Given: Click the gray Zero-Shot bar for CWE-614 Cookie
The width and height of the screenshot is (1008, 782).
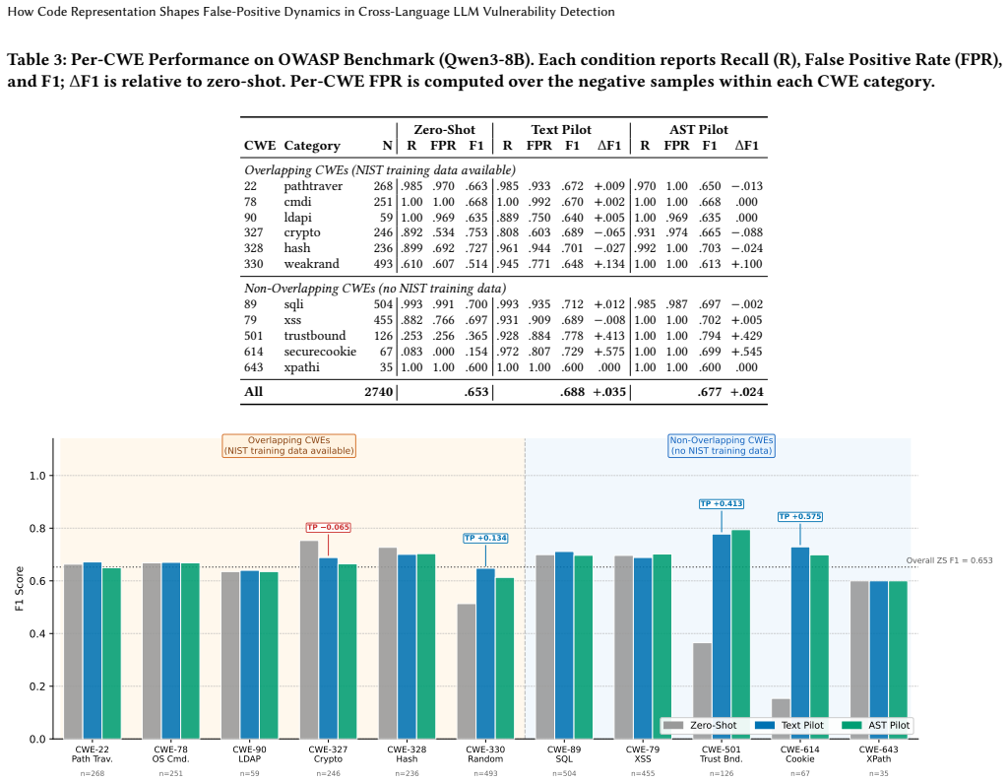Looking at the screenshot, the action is click(x=781, y=719).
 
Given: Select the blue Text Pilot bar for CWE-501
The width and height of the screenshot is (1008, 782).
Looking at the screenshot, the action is click(x=722, y=636).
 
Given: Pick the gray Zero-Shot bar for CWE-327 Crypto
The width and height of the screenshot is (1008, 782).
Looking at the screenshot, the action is click(x=309, y=640).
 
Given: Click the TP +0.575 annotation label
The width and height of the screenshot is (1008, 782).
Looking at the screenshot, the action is click(x=799, y=516).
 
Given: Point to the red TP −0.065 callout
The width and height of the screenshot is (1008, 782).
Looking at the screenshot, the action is click(x=328, y=527).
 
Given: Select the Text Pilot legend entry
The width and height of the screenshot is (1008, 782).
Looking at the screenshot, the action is click(x=789, y=726).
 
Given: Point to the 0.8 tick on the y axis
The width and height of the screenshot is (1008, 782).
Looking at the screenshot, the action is click(x=37, y=529).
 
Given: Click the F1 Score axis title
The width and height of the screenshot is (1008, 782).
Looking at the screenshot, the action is click(x=20, y=588).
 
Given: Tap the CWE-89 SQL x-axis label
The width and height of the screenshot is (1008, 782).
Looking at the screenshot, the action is click(x=564, y=753).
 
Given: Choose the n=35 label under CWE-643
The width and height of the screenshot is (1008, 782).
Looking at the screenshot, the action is click(x=878, y=774).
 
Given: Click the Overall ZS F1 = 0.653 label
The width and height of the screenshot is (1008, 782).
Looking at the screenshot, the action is click(x=949, y=560).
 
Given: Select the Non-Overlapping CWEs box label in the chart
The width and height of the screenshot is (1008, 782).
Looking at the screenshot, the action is click(x=722, y=445).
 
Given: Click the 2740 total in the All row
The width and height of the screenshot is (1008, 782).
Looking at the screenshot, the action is click(x=379, y=392).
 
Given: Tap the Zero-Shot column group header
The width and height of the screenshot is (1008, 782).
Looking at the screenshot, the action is click(x=444, y=129).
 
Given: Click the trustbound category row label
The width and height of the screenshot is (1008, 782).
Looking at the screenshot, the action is click(x=315, y=336).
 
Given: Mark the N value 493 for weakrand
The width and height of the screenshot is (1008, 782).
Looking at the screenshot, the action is click(x=383, y=264).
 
